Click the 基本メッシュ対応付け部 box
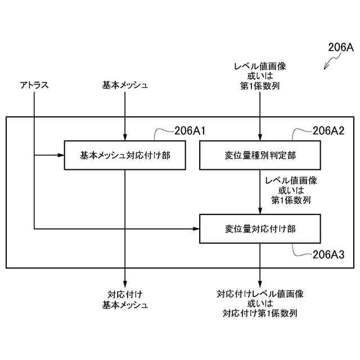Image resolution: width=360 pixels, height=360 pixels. pos(125,154)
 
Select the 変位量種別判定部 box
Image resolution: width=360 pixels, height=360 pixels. pos(259,154)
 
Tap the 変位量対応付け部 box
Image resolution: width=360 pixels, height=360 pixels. pos(259,229)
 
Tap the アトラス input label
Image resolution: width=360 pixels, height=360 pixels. pos(34,85)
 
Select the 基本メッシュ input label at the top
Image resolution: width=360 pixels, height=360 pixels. pos(125,85)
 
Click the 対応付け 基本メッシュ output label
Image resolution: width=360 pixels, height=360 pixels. pos(125,299)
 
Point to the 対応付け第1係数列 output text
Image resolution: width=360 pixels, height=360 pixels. pos(260,313)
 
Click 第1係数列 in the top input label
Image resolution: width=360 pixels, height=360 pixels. pos(260,86)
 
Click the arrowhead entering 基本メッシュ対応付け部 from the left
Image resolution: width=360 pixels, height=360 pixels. pos(62,154)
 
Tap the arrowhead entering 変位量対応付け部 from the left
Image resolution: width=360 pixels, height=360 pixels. pos(197,229)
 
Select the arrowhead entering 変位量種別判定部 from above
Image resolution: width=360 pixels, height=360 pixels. pos(260,136)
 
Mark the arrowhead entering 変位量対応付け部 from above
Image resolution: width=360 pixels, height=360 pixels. pos(260,211)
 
